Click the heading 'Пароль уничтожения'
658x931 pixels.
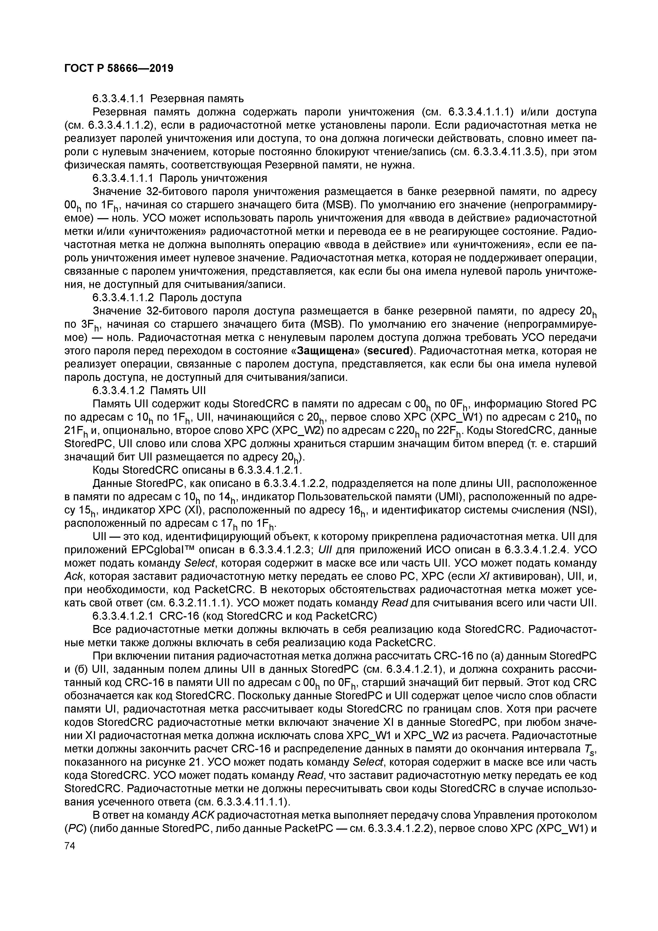(x=213, y=178)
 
